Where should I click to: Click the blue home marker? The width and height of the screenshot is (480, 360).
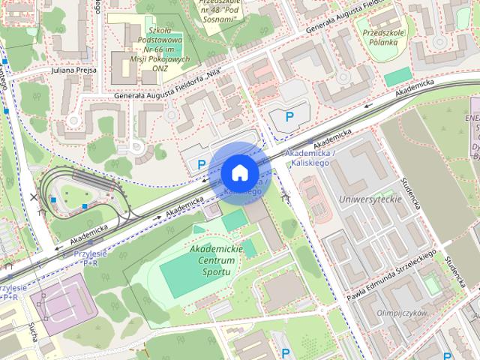239,172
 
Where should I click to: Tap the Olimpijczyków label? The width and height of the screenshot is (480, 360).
402,312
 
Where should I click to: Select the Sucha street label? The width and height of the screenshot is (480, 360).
34,331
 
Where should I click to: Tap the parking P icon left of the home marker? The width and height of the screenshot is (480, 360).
200,163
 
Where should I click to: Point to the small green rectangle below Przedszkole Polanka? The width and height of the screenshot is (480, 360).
397,76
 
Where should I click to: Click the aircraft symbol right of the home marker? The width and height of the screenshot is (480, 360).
285,197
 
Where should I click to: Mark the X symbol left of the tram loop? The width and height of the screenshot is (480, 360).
33,197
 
